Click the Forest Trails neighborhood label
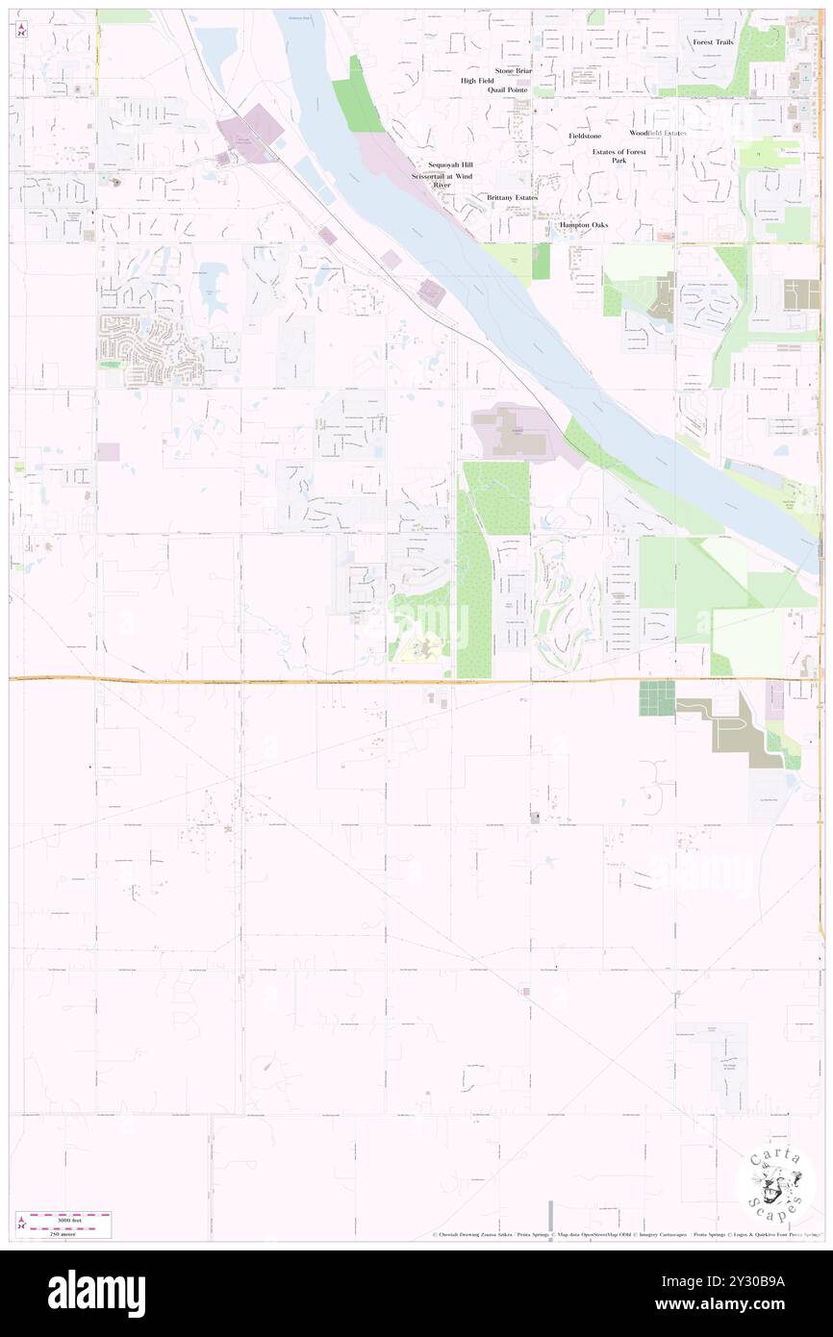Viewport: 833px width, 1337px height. [x=713, y=42]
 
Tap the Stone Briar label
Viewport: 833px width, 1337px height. [x=513, y=70]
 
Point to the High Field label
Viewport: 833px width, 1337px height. [x=476, y=81]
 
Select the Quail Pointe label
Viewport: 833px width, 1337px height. [x=508, y=89]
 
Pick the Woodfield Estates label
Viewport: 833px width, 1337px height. [x=658, y=133]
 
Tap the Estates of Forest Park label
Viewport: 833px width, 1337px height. [x=618, y=156]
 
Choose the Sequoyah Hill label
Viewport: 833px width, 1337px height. [x=450, y=164]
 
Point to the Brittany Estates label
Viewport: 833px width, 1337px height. [x=512, y=197]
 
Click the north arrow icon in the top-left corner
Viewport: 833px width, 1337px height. [x=21, y=31]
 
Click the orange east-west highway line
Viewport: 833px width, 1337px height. [x=289, y=680]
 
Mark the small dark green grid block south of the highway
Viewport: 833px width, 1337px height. [x=657, y=697]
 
